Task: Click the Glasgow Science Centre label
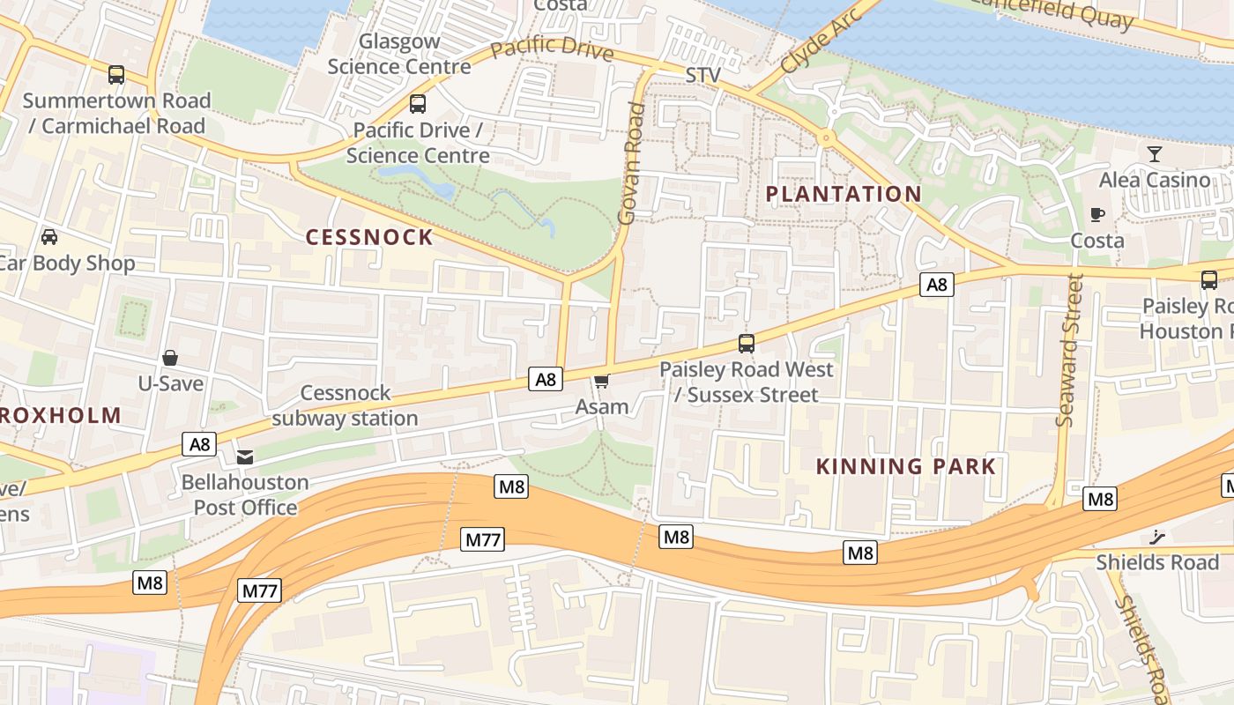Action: click(399, 54)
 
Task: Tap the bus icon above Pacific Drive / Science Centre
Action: click(418, 104)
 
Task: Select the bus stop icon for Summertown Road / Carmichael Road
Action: click(116, 75)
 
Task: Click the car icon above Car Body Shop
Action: click(49, 237)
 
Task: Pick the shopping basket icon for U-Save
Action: click(170, 358)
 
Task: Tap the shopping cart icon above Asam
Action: click(602, 381)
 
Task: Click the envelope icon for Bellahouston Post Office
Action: click(245, 456)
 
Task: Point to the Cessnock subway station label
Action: click(345, 405)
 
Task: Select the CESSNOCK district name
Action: click(369, 237)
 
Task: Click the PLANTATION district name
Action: click(843, 194)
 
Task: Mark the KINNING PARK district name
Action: click(905, 466)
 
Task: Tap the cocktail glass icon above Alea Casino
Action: click(1155, 154)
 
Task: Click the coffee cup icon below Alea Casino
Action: click(1097, 214)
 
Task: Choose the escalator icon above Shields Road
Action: click(1157, 537)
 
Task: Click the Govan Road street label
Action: click(632, 163)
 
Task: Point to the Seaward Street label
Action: click(1068, 350)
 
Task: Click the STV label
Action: click(703, 75)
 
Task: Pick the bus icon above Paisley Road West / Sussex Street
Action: click(747, 344)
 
